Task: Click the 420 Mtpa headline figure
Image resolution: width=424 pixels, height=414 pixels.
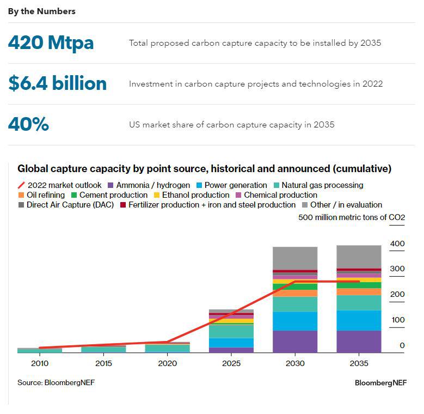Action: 51,43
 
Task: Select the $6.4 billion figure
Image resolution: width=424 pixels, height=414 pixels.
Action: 57,83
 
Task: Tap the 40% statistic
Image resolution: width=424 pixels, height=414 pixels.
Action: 28,124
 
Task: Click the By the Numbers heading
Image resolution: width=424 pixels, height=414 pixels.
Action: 41,11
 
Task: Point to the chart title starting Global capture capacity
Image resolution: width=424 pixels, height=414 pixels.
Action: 204,169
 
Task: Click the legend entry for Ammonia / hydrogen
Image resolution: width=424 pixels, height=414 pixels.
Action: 149,185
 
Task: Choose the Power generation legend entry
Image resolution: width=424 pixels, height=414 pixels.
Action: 231,185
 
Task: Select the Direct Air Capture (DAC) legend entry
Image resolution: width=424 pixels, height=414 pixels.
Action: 66,205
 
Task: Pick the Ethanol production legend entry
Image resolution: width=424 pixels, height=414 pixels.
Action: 192,195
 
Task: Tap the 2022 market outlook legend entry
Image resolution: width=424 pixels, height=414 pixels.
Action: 60,185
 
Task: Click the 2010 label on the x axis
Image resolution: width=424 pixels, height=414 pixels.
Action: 40,363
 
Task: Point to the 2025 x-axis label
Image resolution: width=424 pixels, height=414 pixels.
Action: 231,363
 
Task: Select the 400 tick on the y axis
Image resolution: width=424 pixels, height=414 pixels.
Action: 397,243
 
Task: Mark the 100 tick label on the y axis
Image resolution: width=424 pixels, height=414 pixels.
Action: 397,320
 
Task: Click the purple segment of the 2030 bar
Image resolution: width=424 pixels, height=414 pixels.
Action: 294,342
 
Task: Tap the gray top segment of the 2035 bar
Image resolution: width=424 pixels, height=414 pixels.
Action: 359,256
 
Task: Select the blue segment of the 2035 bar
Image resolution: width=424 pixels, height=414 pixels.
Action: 359,320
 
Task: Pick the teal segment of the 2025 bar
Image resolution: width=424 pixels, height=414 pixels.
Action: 231,331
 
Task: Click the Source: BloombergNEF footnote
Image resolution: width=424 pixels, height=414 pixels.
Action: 56,382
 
